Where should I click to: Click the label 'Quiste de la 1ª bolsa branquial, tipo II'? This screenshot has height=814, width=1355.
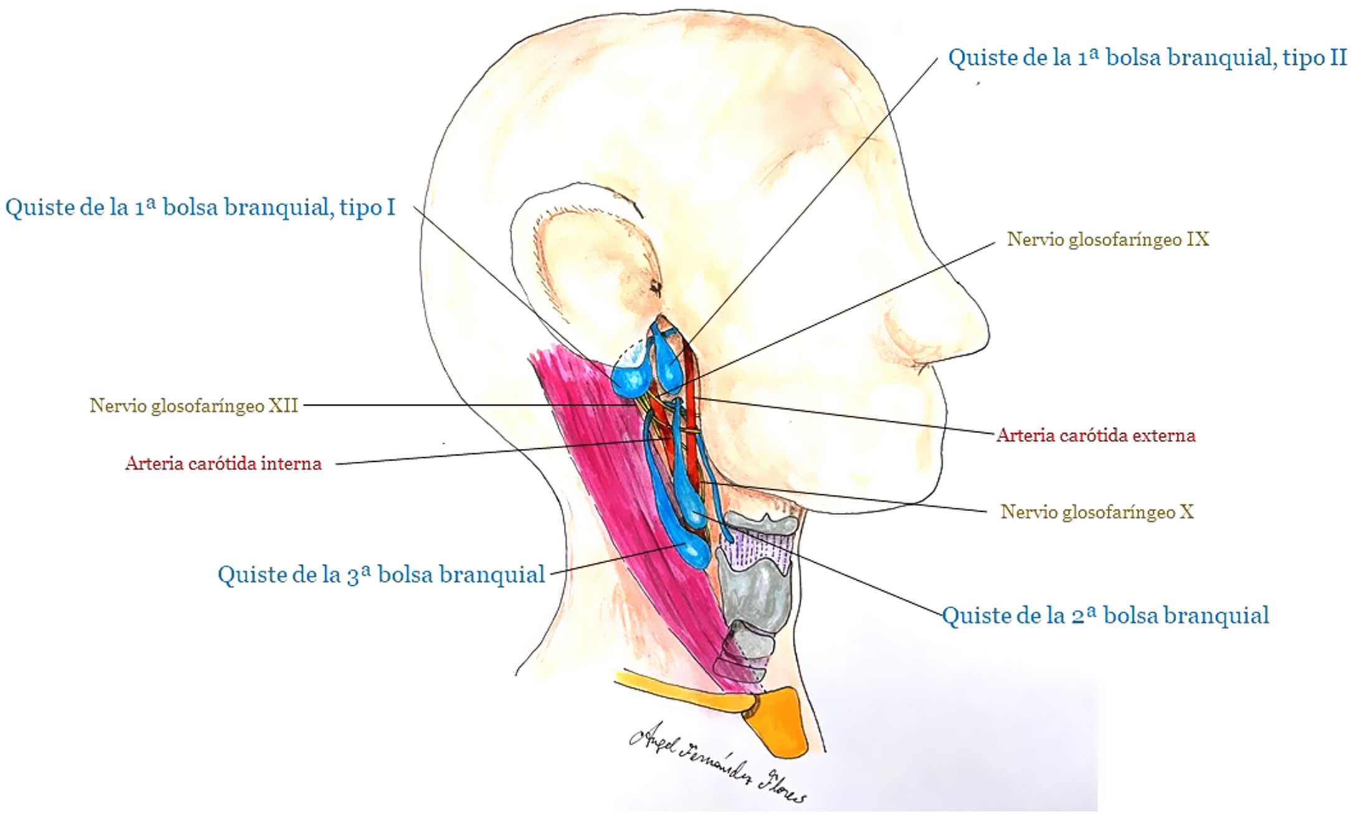pos(1147,58)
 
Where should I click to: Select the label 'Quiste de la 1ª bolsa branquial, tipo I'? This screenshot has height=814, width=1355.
pos(200,207)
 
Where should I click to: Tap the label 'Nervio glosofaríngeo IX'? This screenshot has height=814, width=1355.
pos(1108,239)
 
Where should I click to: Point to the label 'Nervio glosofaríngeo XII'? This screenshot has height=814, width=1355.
pos(194,406)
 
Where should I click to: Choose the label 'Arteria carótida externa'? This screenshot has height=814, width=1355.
pos(1096,435)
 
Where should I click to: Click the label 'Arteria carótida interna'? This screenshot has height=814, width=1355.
pos(223,463)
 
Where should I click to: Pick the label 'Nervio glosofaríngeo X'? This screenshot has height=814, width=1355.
pos(1096,512)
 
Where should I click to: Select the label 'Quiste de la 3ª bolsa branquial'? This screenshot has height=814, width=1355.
pos(381,574)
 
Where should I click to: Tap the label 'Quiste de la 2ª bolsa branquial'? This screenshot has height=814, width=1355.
pos(1105,616)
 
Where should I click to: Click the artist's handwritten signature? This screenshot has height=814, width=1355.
pos(716,760)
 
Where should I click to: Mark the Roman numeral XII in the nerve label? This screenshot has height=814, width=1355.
pos(283,406)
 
